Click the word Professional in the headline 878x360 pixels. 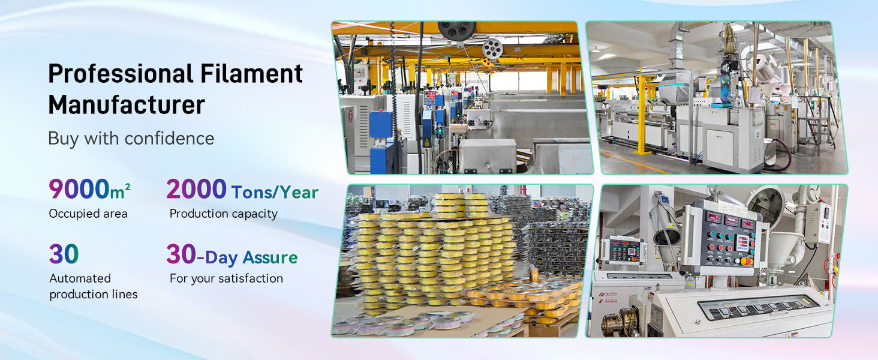click(x=116, y=74)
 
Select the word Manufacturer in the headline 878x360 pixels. click(x=127, y=106)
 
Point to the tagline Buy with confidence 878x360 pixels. click(x=131, y=139)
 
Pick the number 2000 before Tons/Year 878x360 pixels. click(x=196, y=190)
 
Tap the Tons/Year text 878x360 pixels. click(x=275, y=193)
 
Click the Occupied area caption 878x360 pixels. click(x=88, y=214)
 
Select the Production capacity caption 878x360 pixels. click(x=223, y=214)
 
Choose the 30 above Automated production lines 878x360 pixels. click(x=64, y=254)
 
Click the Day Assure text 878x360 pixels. click(x=251, y=258)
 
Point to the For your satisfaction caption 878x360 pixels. click(x=226, y=278)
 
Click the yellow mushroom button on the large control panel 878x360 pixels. click(x=747, y=262)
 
